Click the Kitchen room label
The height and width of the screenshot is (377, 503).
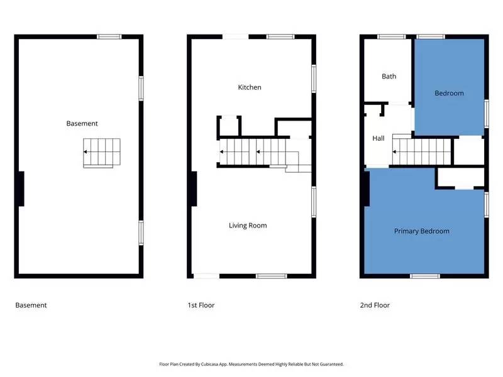click(x=249, y=87)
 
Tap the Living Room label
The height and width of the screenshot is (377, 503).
click(x=247, y=226)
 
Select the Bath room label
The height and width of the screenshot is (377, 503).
click(x=389, y=77)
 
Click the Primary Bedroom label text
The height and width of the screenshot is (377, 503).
click(x=421, y=231)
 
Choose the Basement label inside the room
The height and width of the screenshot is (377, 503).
click(x=82, y=124)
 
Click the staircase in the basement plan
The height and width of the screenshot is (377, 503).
click(x=101, y=153)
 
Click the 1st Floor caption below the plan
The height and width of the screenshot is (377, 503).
click(x=201, y=305)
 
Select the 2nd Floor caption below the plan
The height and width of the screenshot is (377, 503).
click(x=375, y=305)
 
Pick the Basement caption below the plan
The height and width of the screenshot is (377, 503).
click(x=31, y=305)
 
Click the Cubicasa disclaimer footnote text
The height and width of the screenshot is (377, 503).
click(x=251, y=364)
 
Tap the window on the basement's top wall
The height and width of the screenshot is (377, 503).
click(x=109, y=37)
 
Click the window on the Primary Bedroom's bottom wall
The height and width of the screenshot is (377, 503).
click(x=425, y=276)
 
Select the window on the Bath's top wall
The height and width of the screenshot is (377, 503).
click(x=391, y=37)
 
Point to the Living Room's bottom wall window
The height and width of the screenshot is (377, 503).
click(x=271, y=276)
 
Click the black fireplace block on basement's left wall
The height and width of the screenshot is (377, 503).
click(x=21, y=188)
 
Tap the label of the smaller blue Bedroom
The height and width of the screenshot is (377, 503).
click(x=449, y=94)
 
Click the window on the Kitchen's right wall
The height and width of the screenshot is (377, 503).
click(x=314, y=80)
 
